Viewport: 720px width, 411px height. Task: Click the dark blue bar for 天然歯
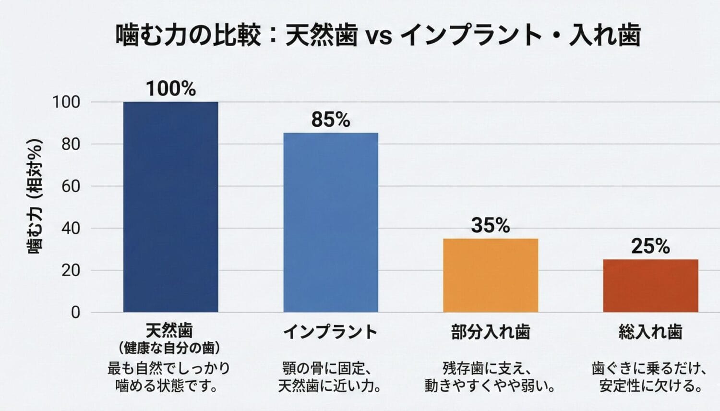click(x=170, y=206)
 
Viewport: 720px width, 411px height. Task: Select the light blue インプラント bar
click(x=331, y=222)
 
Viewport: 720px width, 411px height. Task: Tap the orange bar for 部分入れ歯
click(x=491, y=275)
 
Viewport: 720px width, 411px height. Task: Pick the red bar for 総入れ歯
click(x=650, y=286)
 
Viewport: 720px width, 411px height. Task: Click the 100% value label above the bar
click(x=171, y=89)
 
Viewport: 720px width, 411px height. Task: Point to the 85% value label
click(x=331, y=120)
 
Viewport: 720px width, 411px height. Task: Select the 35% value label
click(x=491, y=225)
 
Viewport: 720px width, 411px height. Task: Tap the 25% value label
click(x=650, y=246)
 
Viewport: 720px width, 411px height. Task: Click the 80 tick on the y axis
click(x=71, y=144)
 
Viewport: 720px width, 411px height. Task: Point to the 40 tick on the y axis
click(x=71, y=228)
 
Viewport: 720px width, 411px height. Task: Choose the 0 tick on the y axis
click(x=75, y=313)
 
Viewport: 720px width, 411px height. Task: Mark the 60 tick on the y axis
click(x=71, y=186)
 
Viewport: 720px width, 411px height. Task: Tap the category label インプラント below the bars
click(x=331, y=332)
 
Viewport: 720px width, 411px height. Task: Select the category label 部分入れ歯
click(x=491, y=332)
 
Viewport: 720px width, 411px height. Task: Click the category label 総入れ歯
click(x=650, y=332)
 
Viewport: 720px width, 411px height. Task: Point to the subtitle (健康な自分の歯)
click(x=169, y=347)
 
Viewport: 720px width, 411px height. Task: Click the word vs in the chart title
click(x=379, y=36)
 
